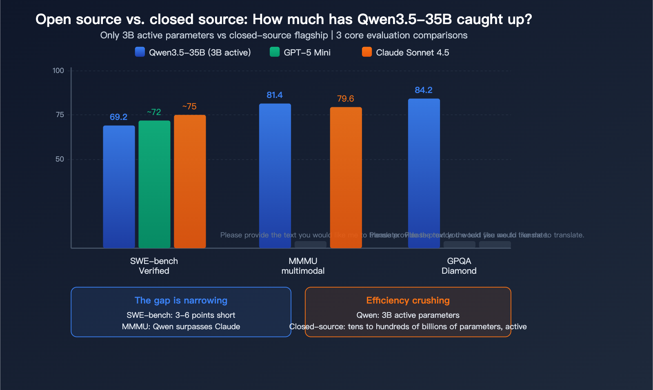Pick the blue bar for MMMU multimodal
275,176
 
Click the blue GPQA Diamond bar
424,173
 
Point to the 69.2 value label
118,117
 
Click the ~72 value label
154,112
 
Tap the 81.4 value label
275,95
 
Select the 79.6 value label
345,99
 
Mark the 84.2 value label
424,90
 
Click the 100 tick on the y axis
58,71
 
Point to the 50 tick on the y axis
60,159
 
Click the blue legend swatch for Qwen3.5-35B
140,52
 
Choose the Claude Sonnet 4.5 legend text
412,53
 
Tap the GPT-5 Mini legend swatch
275,52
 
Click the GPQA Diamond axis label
459,266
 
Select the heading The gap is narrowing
181,300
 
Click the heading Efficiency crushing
408,300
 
